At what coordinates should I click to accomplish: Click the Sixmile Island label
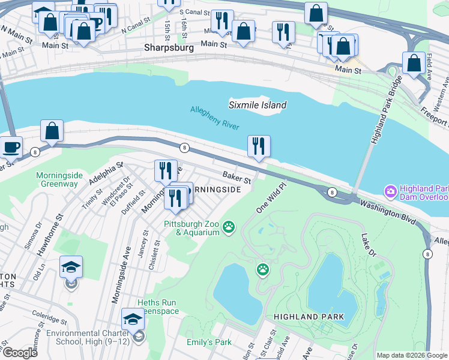258,105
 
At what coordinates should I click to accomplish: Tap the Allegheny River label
214,118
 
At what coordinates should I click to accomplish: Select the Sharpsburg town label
169,47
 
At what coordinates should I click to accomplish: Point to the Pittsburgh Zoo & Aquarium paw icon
228,227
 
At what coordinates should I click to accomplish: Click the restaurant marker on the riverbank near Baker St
259,147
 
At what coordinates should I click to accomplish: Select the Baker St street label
237,176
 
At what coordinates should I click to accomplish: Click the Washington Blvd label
388,213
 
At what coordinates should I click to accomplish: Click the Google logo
20,352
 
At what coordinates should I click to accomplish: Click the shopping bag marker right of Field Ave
414,64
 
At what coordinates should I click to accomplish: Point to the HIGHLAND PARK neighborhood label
309,316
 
